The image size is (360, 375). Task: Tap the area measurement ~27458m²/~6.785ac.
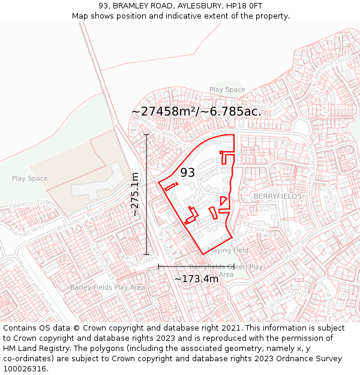click(x=196, y=112)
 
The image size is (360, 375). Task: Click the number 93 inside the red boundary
click(x=188, y=173)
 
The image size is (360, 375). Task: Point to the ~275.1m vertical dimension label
click(x=135, y=194)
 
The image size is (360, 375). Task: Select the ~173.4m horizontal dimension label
click(x=196, y=279)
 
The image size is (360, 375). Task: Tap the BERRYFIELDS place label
click(x=277, y=197)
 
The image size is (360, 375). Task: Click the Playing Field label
click(x=227, y=250)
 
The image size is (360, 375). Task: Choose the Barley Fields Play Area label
click(x=107, y=287)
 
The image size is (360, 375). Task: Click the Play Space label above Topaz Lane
click(x=227, y=89)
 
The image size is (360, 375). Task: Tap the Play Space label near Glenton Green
click(x=29, y=179)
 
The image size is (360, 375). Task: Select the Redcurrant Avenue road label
click(x=36, y=287)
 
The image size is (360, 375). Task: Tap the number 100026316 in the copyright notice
click(x=26, y=369)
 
